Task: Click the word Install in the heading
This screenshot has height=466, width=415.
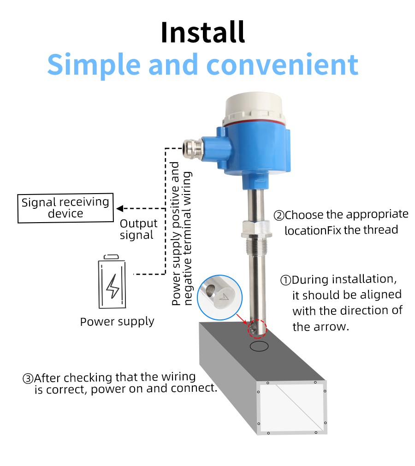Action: coord(203,32)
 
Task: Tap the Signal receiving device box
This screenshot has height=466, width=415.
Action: coord(65,208)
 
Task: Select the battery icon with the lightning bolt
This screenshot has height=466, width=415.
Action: coord(112,282)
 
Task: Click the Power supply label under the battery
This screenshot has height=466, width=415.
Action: coord(117,322)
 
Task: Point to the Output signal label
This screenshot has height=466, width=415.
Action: coord(138,229)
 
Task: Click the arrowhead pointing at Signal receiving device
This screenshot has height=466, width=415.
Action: coord(120,209)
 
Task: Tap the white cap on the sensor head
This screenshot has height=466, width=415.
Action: coord(255,109)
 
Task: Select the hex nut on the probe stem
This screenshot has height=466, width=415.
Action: coord(255,229)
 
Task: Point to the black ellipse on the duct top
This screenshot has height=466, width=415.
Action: coord(259,346)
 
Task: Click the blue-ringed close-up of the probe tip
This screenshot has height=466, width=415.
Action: coord(219,297)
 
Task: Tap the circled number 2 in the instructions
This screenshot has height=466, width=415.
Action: coord(279,215)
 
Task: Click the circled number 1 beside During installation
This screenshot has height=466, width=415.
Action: coord(286,280)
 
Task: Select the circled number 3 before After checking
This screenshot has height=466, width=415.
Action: coord(28,378)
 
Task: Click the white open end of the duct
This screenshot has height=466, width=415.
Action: coord(291,407)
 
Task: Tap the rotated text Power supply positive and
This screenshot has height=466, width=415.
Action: coord(176,234)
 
